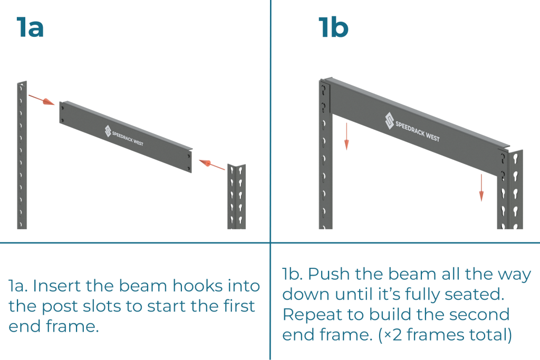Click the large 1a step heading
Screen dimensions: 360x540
pos(30,27)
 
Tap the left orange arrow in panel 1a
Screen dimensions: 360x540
pos(42,100)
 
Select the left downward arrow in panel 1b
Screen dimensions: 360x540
pos(346,136)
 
